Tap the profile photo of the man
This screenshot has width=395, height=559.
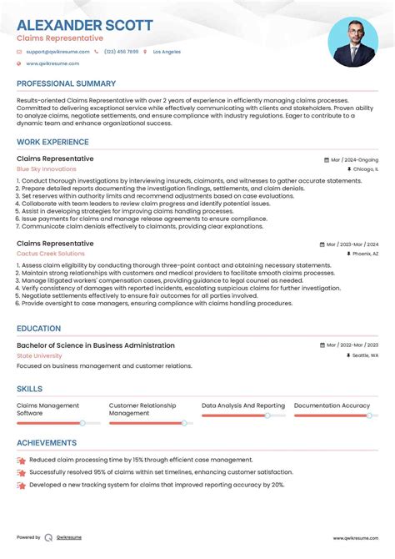[x=352, y=41]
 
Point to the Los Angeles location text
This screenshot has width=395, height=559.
[x=167, y=52]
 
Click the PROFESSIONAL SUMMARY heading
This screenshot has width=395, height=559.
[x=66, y=84]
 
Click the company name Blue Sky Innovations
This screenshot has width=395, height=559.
[x=46, y=169]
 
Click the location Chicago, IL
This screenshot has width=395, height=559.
[x=365, y=169]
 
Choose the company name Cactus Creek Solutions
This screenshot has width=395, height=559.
[x=50, y=254]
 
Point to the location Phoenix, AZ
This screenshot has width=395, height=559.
[x=365, y=254]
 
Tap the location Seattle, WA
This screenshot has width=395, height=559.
[x=365, y=355]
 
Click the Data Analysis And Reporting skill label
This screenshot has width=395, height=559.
[x=242, y=405]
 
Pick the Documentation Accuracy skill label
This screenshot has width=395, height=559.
[x=332, y=405]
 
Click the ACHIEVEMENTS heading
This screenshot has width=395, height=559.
[x=48, y=443]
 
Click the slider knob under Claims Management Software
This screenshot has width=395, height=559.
[x=82, y=423]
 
